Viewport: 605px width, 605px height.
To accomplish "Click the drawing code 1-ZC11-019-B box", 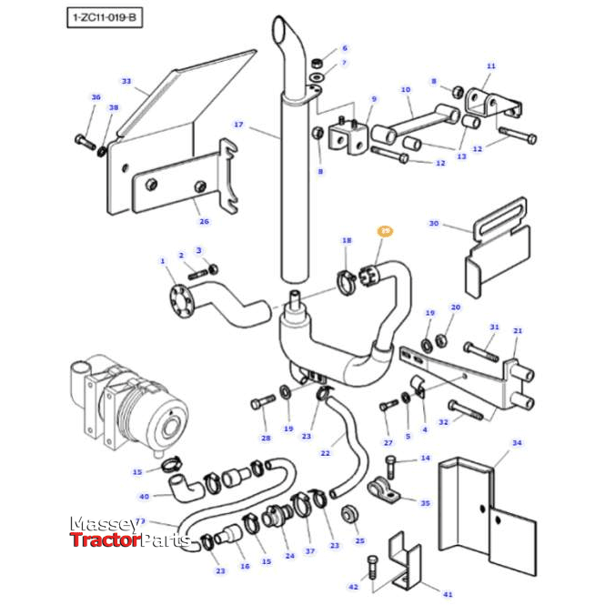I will click(105, 17).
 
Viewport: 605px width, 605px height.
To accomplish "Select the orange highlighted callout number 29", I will click(385, 233).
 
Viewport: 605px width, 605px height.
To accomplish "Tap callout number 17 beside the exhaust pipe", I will click(239, 125).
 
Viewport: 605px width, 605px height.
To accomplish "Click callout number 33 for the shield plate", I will click(126, 81).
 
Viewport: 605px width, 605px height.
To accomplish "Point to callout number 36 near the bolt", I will click(96, 97).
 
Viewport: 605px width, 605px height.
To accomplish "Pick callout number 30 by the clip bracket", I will click(434, 223).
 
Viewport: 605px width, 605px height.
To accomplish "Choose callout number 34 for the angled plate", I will click(517, 443).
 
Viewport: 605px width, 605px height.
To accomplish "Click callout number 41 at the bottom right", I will click(448, 593).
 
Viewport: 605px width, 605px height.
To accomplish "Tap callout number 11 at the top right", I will click(491, 66).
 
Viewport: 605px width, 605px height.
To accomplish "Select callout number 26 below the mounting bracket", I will click(204, 221).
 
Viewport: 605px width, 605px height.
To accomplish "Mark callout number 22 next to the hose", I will click(325, 452).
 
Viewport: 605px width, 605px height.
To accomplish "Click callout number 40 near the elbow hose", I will click(144, 496).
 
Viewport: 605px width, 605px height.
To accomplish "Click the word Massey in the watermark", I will click(103, 526).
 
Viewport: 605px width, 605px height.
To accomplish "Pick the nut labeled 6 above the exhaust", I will click(316, 64).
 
